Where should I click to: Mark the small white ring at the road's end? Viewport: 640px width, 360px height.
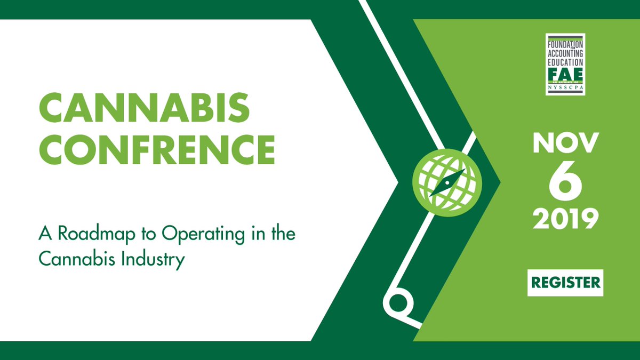coord(398,302)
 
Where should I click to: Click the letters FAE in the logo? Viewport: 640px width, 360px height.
coord(565,73)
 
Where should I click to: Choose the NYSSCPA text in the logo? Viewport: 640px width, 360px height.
coord(565,89)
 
